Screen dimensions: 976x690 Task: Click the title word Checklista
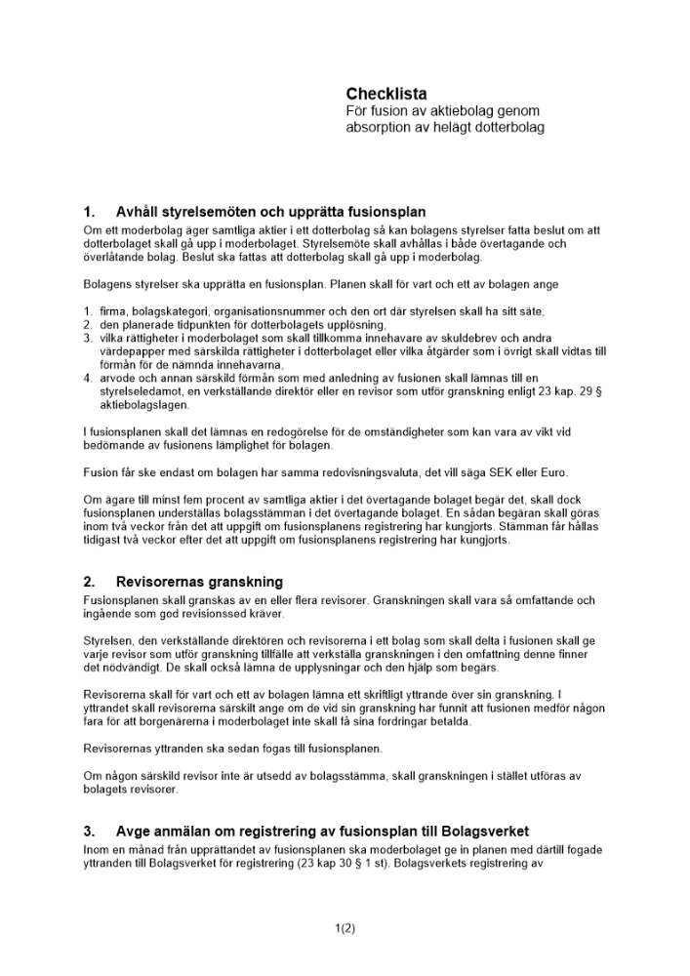(386, 94)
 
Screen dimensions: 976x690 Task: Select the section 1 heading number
(88, 211)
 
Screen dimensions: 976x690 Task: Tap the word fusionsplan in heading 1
(388, 211)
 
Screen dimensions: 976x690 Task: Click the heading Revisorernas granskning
(198, 582)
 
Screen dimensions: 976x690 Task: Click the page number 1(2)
(345, 928)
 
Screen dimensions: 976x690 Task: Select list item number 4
(87, 377)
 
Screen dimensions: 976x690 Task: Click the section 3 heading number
(88, 832)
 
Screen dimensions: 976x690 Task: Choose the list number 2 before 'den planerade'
(87, 324)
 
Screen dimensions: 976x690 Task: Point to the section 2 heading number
(88, 582)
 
